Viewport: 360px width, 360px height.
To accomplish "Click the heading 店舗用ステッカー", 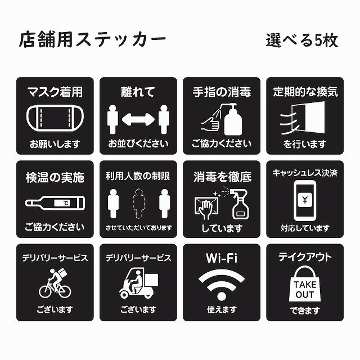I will (x=92, y=40).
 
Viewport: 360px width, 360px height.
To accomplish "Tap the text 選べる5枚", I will (x=301, y=40).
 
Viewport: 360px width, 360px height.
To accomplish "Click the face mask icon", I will (x=55, y=119).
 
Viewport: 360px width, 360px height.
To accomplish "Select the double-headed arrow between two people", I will (x=138, y=119).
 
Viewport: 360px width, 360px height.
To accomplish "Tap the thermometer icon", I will (x=55, y=202).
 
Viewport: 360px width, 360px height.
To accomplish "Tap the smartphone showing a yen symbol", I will (x=304, y=200).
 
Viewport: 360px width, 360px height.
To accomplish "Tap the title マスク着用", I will (x=55, y=92).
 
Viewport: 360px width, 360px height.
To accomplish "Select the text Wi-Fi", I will (x=221, y=258).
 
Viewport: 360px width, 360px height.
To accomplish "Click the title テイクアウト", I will (x=304, y=258).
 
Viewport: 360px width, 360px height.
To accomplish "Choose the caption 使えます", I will (x=221, y=310).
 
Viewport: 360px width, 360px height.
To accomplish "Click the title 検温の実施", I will (x=55, y=177).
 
